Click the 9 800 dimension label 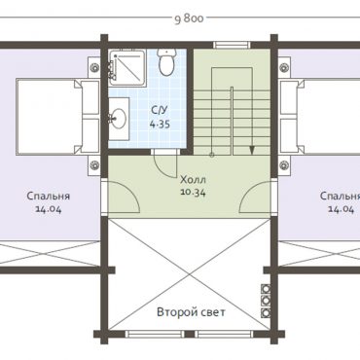point(189,19)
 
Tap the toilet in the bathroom point(166,61)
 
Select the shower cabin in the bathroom point(126,67)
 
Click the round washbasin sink point(119,118)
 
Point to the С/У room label point(160,110)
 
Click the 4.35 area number point(160,124)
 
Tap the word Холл point(194,179)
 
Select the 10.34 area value point(194,193)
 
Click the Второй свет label point(191,312)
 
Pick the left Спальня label point(49,196)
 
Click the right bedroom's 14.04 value point(342,209)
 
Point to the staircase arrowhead point(252,150)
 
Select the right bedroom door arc point(247,192)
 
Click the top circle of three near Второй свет point(267,288)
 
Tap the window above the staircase point(232,45)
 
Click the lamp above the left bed point(94,67)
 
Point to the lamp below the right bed point(284,164)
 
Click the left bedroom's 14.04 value point(48,209)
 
